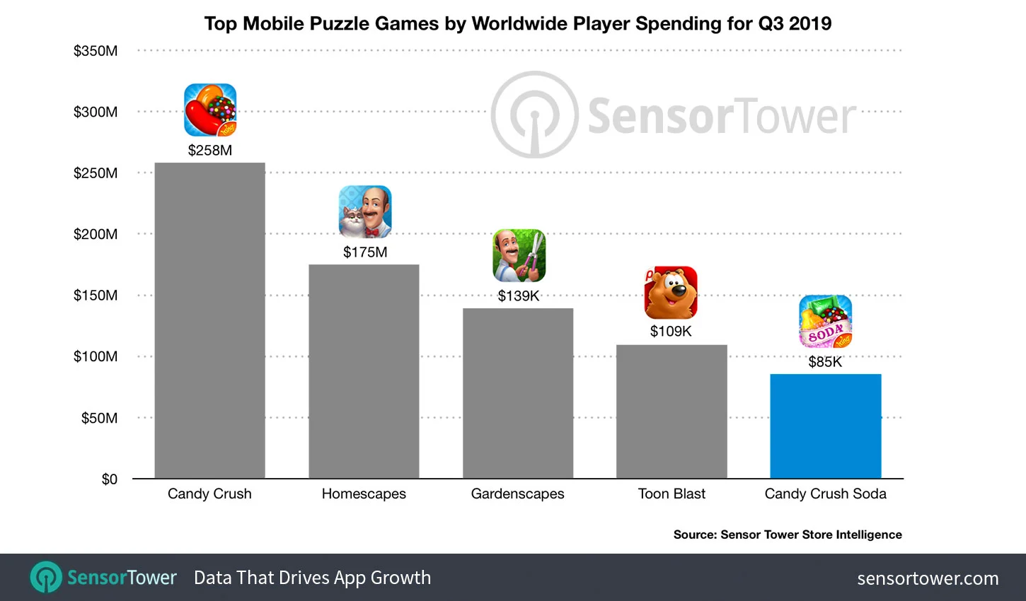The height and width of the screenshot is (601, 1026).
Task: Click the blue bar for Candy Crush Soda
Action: tap(825, 426)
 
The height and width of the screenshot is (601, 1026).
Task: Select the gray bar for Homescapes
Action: tap(364, 371)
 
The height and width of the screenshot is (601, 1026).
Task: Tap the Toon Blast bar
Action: tap(671, 412)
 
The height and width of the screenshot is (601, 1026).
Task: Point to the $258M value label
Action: tap(209, 150)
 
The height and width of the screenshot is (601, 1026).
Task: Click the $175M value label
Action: tap(365, 252)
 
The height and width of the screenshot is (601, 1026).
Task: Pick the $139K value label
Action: tap(519, 296)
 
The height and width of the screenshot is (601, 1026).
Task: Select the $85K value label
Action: tap(825, 362)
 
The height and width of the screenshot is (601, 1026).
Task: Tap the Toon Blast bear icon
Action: tap(671, 293)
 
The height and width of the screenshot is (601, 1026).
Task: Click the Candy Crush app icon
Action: tap(210, 110)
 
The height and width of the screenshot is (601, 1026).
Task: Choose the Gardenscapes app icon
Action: tap(519, 255)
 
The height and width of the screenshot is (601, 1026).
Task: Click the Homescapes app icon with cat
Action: tap(365, 211)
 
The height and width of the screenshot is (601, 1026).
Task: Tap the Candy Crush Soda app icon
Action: tap(825, 322)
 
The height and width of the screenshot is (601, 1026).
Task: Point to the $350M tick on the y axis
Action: tap(96, 51)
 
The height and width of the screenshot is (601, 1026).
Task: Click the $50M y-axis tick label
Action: tap(99, 418)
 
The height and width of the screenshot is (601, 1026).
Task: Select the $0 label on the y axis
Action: tap(109, 479)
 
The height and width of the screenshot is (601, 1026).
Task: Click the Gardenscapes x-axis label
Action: tap(517, 494)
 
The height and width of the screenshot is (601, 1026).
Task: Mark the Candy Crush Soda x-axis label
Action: tap(825, 494)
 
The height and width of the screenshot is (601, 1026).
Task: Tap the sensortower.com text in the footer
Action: tap(928, 578)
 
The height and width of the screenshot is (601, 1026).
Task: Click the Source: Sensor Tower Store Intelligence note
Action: tap(788, 535)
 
